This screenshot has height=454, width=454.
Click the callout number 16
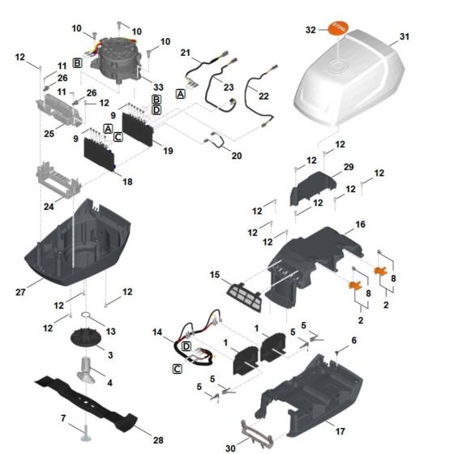[x=359, y=223]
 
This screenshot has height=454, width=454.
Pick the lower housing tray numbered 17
[x=308, y=401]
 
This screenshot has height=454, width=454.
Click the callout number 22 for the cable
[x=263, y=96]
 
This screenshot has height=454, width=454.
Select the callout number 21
[x=185, y=53]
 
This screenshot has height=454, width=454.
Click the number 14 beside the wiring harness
[x=157, y=332]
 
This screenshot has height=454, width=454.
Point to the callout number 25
[x=48, y=132]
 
